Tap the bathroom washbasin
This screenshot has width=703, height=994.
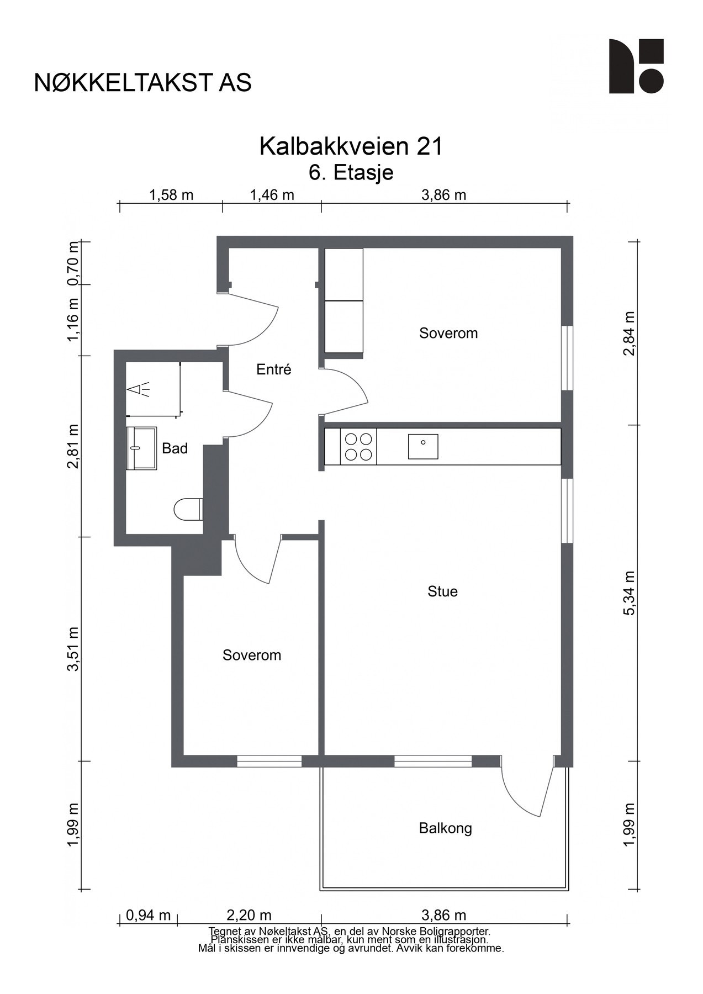pyautogui.click(x=142, y=448)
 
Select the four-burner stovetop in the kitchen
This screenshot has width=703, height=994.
pyautogui.click(x=358, y=447)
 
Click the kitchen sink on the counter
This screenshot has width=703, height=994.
pyautogui.click(x=423, y=446)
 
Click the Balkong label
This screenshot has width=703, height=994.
pyautogui.click(x=445, y=828)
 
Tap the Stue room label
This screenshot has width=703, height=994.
pyautogui.click(x=442, y=591)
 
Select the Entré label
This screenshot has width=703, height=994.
pyautogui.click(x=273, y=369)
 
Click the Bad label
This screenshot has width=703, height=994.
pyautogui.click(x=175, y=448)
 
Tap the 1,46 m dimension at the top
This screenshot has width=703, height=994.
pyautogui.click(x=272, y=195)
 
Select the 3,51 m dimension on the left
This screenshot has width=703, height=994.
pyautogui.click(x=73, y=649)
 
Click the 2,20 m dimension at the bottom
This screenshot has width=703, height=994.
pyautogui.click(x=249, y=915)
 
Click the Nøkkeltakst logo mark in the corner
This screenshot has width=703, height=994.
pyautogui.click(x=636, y=66)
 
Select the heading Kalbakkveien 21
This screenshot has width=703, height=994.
pyautogui.click(x=351, y=146)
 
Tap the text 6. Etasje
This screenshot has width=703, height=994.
pyautogui.click(x=351, y=172)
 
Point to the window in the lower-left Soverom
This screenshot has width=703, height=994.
pyautogui.click(x=269, y=761)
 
